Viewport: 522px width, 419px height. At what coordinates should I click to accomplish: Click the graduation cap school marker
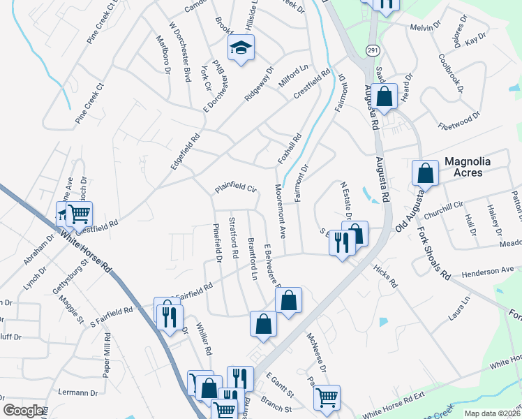point(241,48)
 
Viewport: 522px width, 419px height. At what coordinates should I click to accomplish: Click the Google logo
point(24,411)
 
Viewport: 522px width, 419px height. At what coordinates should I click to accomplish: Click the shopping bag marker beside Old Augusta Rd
point(425,173)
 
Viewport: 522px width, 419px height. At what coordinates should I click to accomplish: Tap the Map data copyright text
point(491,413)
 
